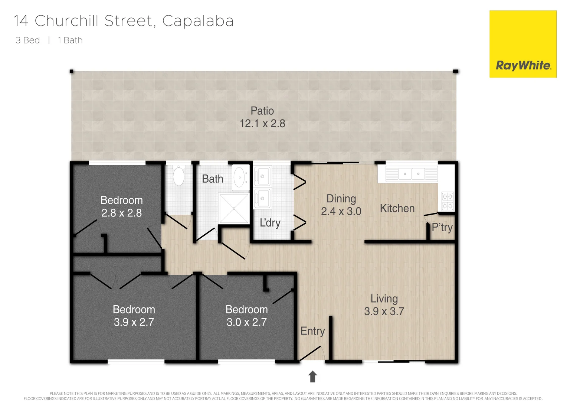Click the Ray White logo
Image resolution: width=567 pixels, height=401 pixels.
(523, 66)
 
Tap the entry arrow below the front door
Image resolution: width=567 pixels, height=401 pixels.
(313, 376)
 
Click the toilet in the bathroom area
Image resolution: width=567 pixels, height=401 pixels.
(179, 176)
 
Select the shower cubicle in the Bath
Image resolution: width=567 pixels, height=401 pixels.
(234, 208)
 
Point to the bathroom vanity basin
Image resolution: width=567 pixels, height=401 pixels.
(240, 177)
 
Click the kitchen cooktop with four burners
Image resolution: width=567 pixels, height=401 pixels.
(448, 201)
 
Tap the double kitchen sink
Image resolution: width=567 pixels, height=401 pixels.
(412, 173)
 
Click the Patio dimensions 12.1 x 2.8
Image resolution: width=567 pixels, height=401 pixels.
(262, 124)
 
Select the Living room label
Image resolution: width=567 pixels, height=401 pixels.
(384, 299)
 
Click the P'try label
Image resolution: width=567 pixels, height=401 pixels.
(442, 227)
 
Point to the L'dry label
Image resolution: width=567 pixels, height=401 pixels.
(270, 223)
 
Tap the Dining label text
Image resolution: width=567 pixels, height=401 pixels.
(341, 199)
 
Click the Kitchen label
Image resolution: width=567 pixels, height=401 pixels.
(397, 208)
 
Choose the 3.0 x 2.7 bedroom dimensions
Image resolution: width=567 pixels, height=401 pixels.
(246, 322)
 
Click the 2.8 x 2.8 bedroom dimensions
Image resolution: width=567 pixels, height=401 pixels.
(121, 213)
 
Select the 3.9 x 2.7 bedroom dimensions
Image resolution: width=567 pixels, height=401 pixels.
(134, 322)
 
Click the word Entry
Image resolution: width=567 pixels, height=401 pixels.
(312, 331)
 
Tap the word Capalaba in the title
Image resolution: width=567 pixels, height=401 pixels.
(198, 21)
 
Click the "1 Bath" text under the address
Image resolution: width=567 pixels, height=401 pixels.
(70, 40)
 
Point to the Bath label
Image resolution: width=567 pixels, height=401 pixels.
(213, 179)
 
